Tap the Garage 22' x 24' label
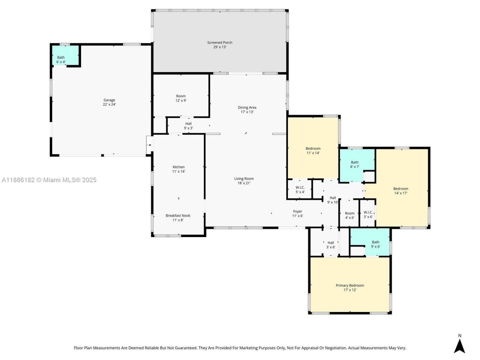(109, 102)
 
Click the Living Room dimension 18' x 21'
(244, 183)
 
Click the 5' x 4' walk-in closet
(300, 190)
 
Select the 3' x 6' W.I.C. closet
(368, 214)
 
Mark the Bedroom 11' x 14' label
(313, 151)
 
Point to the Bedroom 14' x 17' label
(400, 191)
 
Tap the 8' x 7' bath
(355, 164)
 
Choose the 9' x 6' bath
(375, 244)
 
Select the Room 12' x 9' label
(181, 98)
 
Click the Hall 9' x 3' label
(188, 126)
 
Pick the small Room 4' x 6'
(349, 215)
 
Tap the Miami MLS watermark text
(49, 180)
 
